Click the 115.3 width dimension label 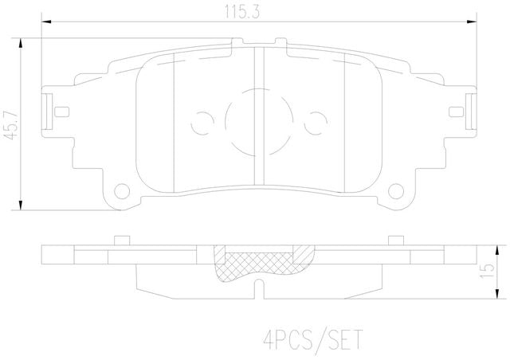point(242,13)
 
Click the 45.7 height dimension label point(10,125)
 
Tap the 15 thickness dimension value point(487,271)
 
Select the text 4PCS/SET point(312,340)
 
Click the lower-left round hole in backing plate point(122,191)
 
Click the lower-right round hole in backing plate point(396,191)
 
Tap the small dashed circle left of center point(202,123)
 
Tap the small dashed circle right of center point(316,123)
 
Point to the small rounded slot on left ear point(61,112)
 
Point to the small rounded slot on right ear point(456,112)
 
